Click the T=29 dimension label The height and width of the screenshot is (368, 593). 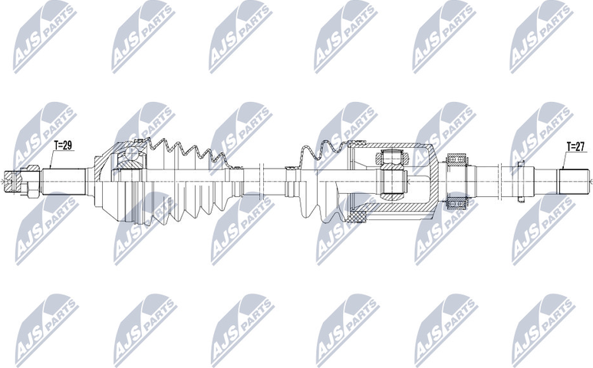point(64,145)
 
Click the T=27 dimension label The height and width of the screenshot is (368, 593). point(575,145)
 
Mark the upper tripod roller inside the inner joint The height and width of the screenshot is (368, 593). point(390,159)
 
